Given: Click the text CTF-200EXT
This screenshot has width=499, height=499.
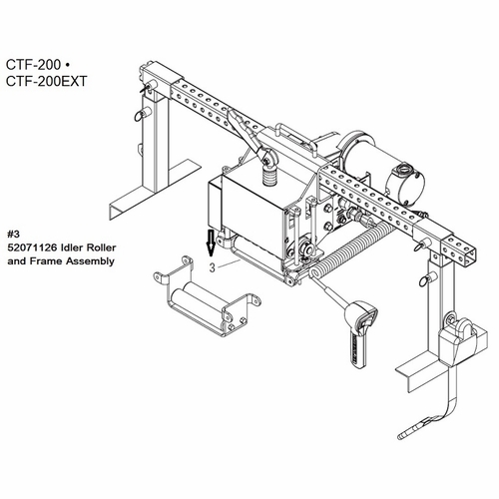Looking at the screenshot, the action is click(46, 81).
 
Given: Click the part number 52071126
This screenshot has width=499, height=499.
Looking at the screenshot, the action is click(31, 248).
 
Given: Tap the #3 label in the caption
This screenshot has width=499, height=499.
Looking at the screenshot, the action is click(14, 234).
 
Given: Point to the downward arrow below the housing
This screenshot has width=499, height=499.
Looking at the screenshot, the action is click(211, 243).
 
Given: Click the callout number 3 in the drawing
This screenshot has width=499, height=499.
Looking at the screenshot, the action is click(213, 267).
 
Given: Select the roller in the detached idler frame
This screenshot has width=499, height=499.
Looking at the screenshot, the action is click(198, 298).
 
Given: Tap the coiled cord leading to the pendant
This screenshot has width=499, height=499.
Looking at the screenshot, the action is click(352, 250).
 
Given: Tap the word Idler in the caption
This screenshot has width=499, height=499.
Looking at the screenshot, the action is click(71, 248).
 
